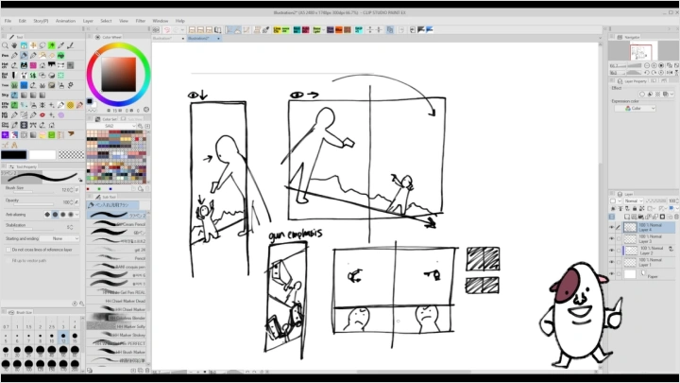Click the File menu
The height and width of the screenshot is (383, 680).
tap(8, 20)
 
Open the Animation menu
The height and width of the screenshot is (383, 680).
tap(65, 20)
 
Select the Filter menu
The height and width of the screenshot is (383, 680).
tap(140, 20)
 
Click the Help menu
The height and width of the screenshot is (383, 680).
tap(179, 20)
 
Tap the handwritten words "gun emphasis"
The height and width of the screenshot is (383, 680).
tap(296, 234)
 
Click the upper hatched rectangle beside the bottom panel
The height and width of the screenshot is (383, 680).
tap(484, 258)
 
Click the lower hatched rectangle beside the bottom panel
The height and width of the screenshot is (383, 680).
tap(484, 286)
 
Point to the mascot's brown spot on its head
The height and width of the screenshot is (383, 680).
tap(569, 280)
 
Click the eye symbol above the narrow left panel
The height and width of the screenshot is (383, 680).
tap(195, 95)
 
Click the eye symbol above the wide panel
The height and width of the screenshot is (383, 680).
tap(297, 95)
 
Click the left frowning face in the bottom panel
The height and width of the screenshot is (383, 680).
tap(360, 319)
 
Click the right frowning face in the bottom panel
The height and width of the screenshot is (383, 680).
tap(426, 317)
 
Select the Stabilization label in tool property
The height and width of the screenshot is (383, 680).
tap(15, 225)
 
